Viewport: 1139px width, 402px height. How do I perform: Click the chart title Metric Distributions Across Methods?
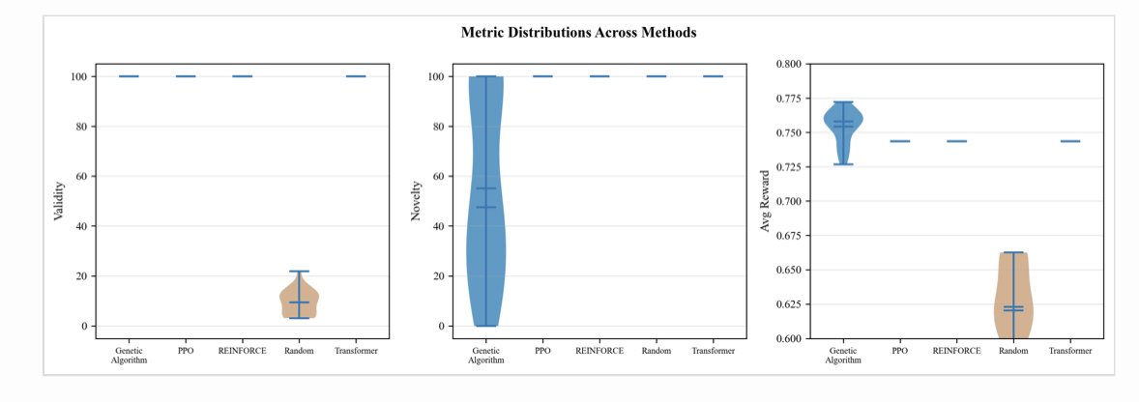578,32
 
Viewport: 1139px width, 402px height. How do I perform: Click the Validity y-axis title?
58,202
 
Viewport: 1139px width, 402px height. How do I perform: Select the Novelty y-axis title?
416,202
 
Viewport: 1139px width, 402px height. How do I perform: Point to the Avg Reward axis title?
764,201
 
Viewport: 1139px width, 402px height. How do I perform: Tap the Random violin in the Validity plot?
299,301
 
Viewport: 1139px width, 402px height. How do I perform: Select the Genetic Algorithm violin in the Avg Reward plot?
843,122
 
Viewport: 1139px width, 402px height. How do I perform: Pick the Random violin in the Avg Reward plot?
1013,300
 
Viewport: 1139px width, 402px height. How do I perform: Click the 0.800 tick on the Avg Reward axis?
789,64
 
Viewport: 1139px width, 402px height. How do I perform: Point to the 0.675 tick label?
789,236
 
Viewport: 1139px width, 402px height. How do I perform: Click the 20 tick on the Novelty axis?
438,276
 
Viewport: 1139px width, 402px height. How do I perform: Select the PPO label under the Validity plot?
186,350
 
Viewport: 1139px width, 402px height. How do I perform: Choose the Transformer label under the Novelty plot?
713,350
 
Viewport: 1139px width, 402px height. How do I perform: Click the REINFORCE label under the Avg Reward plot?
956,350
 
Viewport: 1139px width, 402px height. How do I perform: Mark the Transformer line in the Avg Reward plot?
1070,141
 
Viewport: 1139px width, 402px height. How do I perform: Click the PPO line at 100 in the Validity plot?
186,76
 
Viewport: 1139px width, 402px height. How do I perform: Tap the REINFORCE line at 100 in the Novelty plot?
599,76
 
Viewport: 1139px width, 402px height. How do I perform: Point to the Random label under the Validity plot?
299,350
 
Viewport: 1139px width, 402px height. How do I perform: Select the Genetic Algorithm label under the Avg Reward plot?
843,354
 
